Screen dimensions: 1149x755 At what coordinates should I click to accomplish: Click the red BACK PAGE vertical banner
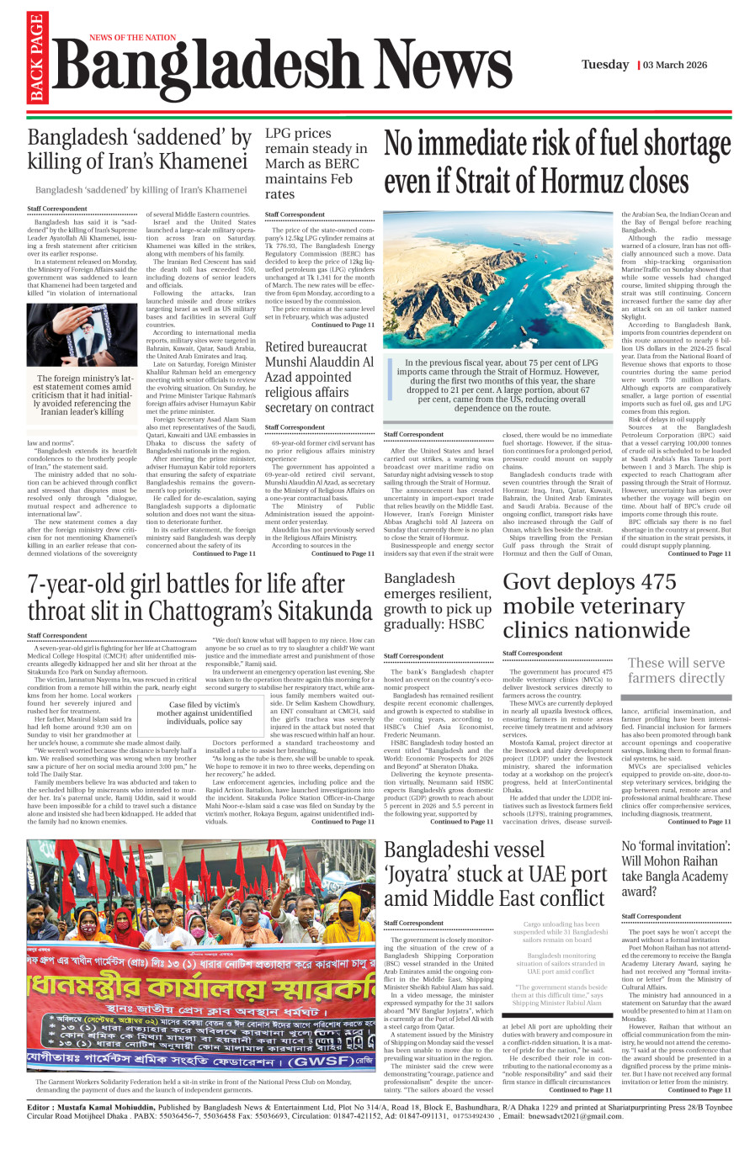point(35,59)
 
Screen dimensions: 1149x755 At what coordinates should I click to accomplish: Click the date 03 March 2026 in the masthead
point(675,65)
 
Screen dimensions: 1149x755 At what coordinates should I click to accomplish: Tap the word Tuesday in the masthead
point(604,65)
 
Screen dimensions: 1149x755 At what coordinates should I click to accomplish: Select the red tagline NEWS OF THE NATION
point(132,38)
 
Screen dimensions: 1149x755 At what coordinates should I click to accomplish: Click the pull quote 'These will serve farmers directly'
point(676,670)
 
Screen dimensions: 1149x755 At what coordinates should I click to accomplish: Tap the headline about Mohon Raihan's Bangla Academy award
point(676,868)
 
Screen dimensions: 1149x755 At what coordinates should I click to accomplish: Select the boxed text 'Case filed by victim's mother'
point(204,713)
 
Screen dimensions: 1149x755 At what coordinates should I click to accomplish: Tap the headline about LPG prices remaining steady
point(316,163)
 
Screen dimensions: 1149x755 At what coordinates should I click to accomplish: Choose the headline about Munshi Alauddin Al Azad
point(319,377)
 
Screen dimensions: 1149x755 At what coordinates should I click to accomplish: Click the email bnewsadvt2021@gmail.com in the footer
point(576,1116)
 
